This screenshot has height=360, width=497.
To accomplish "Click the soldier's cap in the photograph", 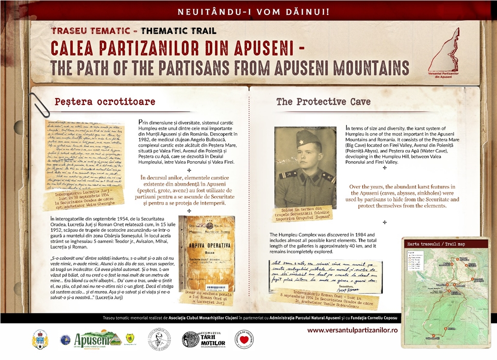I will point(307,138).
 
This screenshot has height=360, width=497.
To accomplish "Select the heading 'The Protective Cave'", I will point(323,102).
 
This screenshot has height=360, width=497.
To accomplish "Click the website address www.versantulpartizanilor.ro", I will point(352,330).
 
